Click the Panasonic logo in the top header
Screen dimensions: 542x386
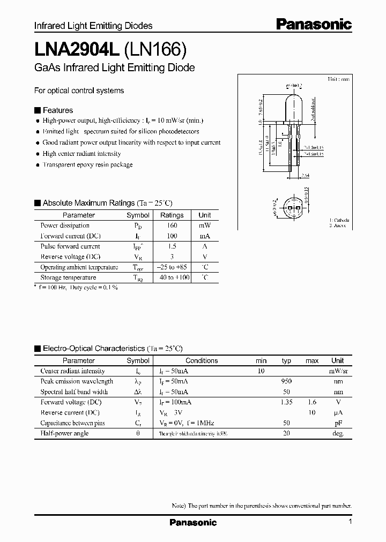[x=314, y=24]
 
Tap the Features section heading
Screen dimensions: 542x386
[x=57, y=110]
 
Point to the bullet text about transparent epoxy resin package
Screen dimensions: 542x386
[x=87, y=165]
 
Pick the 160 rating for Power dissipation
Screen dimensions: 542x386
[x=172, y=225]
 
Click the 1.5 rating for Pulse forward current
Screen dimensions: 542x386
[x=172, y=246]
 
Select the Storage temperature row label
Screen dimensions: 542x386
[x=68, y=277]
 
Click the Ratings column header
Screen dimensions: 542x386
[x=172, y=215]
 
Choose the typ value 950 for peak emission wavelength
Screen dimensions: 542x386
[x=286, y=381]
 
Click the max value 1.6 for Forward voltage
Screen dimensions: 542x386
[x=312, y=402]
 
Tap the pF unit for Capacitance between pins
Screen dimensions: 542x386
[x=338, y=423]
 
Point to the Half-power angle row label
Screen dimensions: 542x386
[x=64, y=433]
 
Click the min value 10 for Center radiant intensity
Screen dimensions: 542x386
[x=261, y=371]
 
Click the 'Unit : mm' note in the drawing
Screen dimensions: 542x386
[x=339, y=79]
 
